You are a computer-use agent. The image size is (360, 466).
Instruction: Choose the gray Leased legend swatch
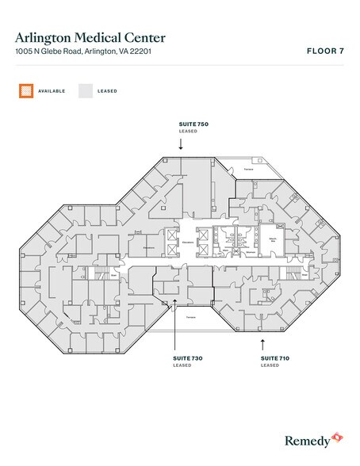(85, 91)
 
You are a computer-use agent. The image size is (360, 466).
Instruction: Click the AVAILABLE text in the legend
(52, 91)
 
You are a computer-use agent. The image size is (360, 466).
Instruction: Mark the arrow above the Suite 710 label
(262, 343)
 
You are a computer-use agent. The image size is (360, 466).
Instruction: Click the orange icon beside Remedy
(337, 437)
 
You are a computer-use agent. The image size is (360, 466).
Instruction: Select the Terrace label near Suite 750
(248, 169)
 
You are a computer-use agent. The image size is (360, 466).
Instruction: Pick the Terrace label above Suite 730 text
(190, 316)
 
